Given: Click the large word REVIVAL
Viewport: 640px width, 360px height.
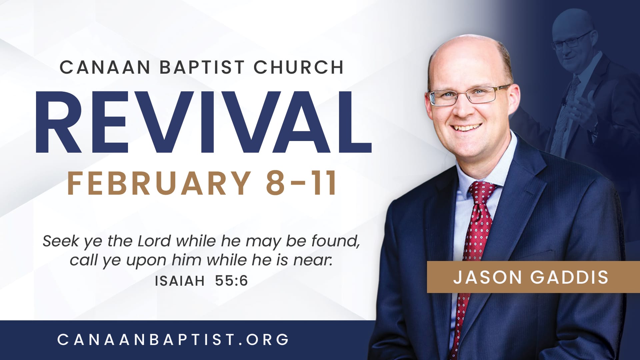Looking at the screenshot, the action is click(203, 122).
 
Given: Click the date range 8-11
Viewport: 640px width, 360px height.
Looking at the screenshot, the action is click(301, 183).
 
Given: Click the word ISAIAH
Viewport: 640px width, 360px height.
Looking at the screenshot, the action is click(180, 281).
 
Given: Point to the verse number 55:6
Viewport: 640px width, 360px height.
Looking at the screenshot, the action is click(231, 281).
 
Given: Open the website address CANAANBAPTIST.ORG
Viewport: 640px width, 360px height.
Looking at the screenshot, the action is click(173, 340).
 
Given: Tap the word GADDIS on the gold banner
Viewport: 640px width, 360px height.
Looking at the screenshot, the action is click(570, 277).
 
